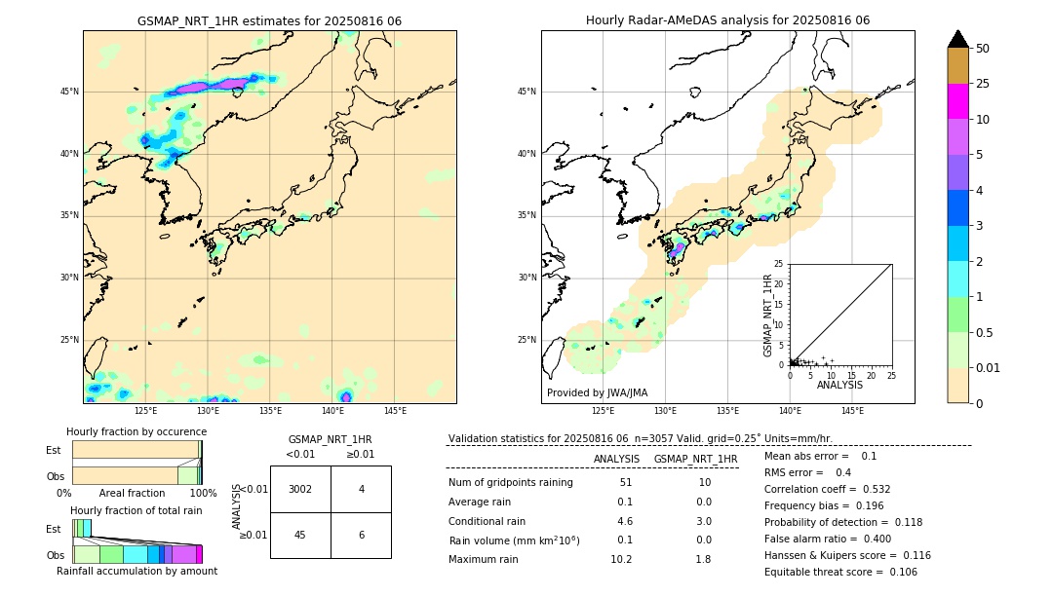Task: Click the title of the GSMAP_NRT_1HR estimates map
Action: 269,20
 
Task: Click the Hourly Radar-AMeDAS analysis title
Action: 727,20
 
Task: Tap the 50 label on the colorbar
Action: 983,49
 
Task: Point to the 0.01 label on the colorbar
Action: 987,367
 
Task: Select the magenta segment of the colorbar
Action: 957,101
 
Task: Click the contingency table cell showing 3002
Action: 300,489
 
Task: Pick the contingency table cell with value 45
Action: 300,535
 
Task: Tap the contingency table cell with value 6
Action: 361,535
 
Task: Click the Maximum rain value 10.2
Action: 624,559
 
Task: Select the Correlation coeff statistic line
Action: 827,489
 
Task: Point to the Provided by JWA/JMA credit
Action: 597,392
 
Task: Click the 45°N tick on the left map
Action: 69,92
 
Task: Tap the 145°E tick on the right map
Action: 852,411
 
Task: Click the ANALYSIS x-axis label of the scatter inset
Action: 839,386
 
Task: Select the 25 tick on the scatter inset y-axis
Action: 779,264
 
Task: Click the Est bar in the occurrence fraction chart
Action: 136,449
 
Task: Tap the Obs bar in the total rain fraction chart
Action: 136,554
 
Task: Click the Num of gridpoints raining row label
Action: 511,482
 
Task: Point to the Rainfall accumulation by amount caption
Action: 136,571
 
